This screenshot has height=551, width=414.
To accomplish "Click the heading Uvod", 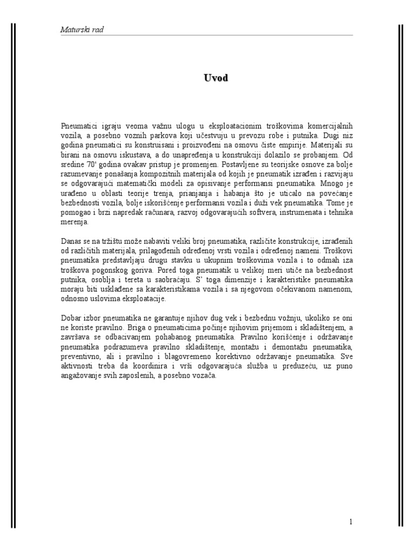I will point(216,79).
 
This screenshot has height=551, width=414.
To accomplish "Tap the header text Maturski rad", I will point(81,30).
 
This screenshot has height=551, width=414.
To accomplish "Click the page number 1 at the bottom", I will point(351,521).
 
